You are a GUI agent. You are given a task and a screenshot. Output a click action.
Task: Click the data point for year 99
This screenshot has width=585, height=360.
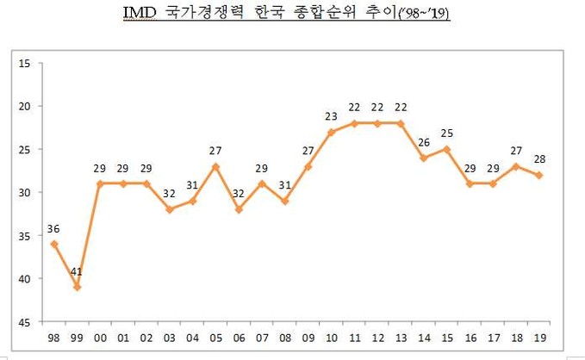pyautogui.click(x=78, y=287)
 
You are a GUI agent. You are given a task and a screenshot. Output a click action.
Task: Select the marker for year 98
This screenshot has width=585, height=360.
pyautogui.click(x=54, y=244)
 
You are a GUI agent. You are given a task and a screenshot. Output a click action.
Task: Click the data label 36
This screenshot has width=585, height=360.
pyautogui.click(x=54, y=228)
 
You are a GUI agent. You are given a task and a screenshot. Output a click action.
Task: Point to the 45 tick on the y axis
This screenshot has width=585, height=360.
pyautogui.click(x=23, y=321)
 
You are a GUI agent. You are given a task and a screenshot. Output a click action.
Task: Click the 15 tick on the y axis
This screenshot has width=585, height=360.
pyautogui.click(x=23, y=63)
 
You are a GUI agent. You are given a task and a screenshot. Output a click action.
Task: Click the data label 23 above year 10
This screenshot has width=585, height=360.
pyautogui.click(x=331, y=116)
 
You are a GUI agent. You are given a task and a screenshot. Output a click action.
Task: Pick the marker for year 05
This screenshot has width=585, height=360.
pyautogui.click(x=215, y=166)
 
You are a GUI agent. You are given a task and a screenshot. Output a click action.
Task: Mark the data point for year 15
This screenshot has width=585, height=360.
pyautogui.click(x=447, y=149)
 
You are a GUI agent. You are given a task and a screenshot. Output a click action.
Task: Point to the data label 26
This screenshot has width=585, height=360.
pyautogui.click(x=424, y=142)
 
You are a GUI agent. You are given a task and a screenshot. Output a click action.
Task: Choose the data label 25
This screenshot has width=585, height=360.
pyautogui.click(x=447, y=133)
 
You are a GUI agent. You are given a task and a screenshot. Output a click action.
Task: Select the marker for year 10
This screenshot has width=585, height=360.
pyautogui.click(x=331, y=132)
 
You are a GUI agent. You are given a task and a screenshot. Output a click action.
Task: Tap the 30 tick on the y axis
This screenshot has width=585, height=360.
pyautogui.click(x=23, y=192)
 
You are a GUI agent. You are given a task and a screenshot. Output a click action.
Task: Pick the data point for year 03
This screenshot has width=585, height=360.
pyautogui.click(x=169, y=209)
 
